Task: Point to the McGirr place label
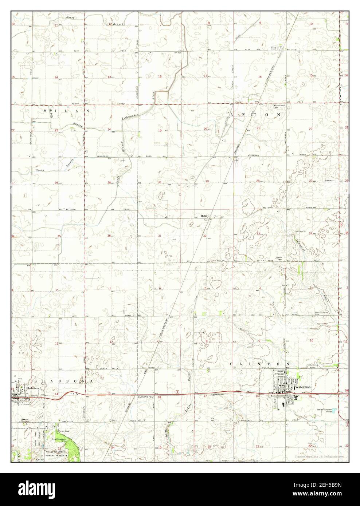pos(204,216)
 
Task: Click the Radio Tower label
pos(280,258)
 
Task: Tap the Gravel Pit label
pos(301,231)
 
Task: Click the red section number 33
pos(258,233)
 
